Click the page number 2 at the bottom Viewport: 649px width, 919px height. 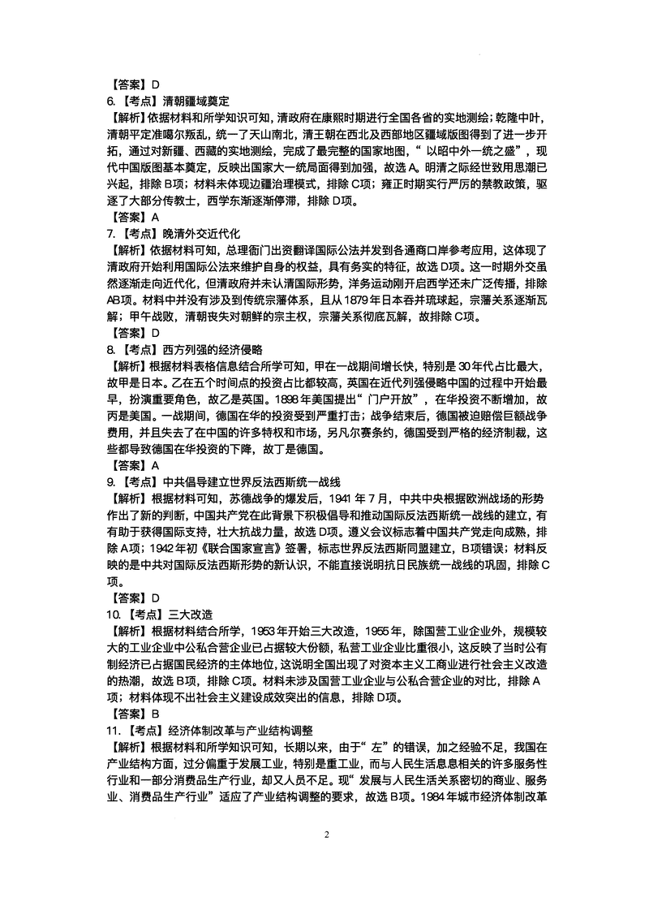[x=325, y=835]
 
